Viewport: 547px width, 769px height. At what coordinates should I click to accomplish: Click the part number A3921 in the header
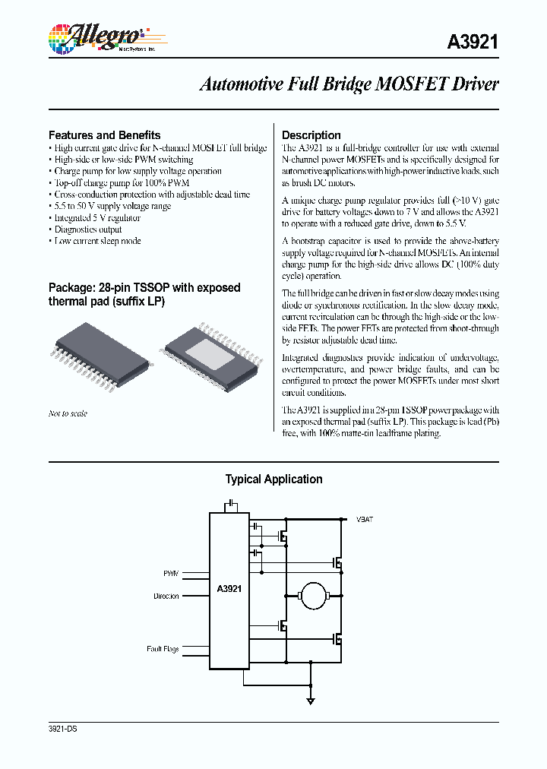tap(472, 43)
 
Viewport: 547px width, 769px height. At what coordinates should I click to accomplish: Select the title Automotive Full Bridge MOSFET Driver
tap(349, 84)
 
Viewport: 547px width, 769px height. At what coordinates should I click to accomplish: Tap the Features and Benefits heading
tap(104, 134)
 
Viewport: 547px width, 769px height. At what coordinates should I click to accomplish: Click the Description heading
tap(311, 135)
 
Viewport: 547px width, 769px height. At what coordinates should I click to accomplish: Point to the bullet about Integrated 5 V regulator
tap(98, 217)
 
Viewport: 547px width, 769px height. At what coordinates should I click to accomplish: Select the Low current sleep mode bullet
tap(98, 241)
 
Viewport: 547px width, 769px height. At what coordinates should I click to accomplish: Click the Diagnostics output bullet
tap(88, 229)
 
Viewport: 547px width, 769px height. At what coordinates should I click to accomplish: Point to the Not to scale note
tap(68, 413)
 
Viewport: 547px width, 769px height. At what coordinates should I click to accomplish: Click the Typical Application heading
tap(273, 479)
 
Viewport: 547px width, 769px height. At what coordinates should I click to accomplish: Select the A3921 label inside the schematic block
tap(229, 588)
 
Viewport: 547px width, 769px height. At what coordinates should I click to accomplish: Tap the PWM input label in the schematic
tap(171, 574)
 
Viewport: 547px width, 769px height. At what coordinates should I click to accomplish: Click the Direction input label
tap(166, 597)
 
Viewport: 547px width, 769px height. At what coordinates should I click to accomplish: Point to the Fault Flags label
tap(163, 649)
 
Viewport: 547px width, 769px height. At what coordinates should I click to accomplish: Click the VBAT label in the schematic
tap(365, 519)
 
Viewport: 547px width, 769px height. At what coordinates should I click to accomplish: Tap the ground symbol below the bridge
tap(310, 701)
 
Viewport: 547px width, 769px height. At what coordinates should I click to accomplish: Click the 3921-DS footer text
tap(62, 729)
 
